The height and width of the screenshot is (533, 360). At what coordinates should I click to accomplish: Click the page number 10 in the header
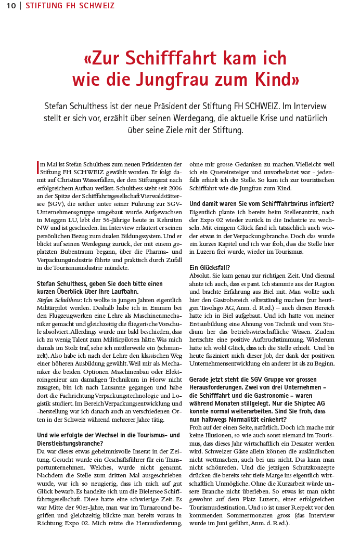pos(11,6)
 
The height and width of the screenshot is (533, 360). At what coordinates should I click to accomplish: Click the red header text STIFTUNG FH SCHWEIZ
pos(70,6)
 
